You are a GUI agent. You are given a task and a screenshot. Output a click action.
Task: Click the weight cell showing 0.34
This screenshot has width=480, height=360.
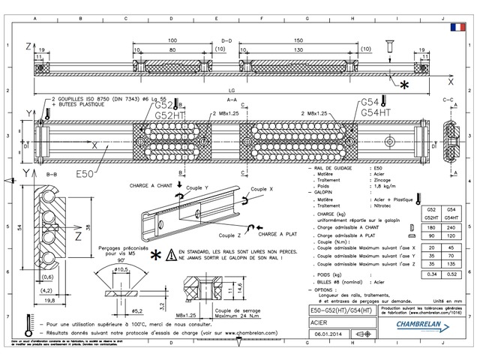pos(431,275)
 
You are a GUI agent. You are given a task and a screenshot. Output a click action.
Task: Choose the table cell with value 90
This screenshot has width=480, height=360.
pos(431,235)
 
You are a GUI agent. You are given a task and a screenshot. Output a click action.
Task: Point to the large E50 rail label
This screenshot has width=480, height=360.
pos(84,174)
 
